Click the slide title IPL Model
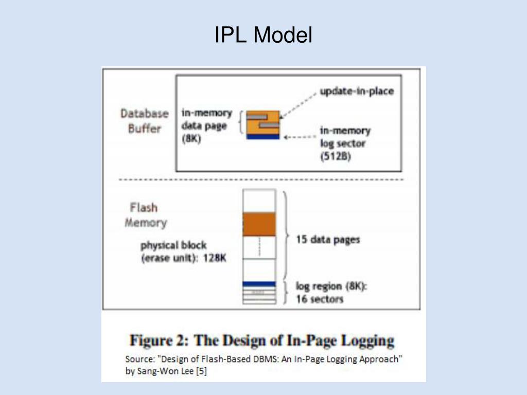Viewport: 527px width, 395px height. pyautogui.click(x=263, y=35)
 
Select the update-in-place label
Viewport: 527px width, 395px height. pyautogui.click(x=356, y=91)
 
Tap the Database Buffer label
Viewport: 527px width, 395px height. pyautogui.click(x=145, y=120)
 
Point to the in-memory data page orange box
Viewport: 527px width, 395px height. pyautogui.click(x=262, y=122)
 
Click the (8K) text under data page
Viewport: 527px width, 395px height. pyautogui.click(x=191, y=139)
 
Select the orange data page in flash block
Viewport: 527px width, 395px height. pyautogui.click(x=259, y=224)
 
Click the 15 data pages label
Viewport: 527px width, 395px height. pyautogui.click(x=328, y=239)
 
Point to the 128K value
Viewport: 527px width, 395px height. pyautogui.click(x=215, y=259)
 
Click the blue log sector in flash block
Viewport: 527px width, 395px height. pyautogui.click(x=259, y=284)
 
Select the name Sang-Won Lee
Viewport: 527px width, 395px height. pyautogui.click(x=164, y=371)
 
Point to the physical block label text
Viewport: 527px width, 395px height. pyautogui.click(x=173, y=246)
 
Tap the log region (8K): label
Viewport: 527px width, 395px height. pyautogui.click(x=331, y=286)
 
